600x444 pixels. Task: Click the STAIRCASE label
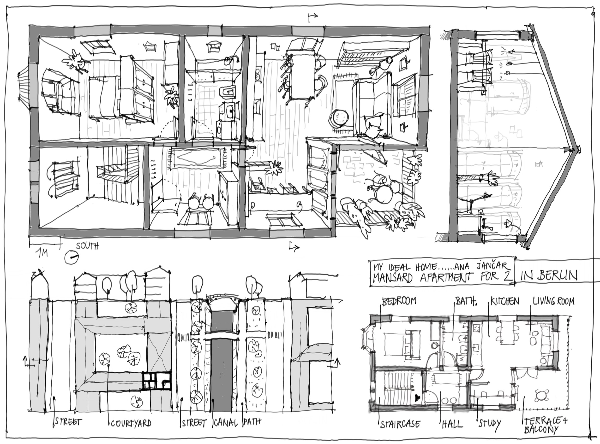[400, 424]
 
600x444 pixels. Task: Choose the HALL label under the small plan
[452, 424]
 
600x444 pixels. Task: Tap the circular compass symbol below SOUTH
[72, 257]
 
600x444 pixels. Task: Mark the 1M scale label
[42, 253]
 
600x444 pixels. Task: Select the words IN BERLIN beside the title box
[549, 276]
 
